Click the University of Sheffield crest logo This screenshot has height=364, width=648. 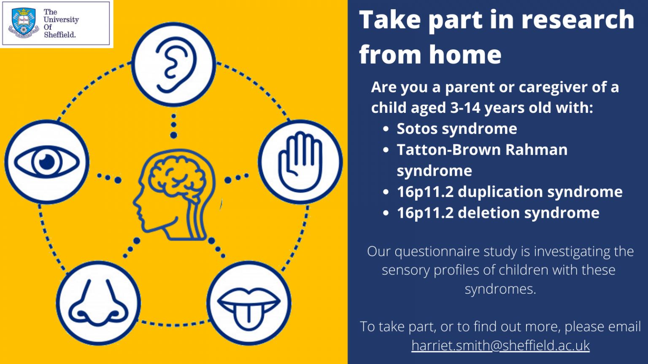24,23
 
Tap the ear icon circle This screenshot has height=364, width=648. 173,64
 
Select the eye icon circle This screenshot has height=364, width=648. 47,162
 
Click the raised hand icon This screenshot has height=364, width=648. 300,162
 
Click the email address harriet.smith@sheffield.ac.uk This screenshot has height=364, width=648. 500,345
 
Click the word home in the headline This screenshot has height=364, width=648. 465,55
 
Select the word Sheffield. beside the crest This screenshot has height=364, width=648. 60,35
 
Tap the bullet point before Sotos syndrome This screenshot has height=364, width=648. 386,129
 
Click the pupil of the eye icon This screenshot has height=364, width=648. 47,161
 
